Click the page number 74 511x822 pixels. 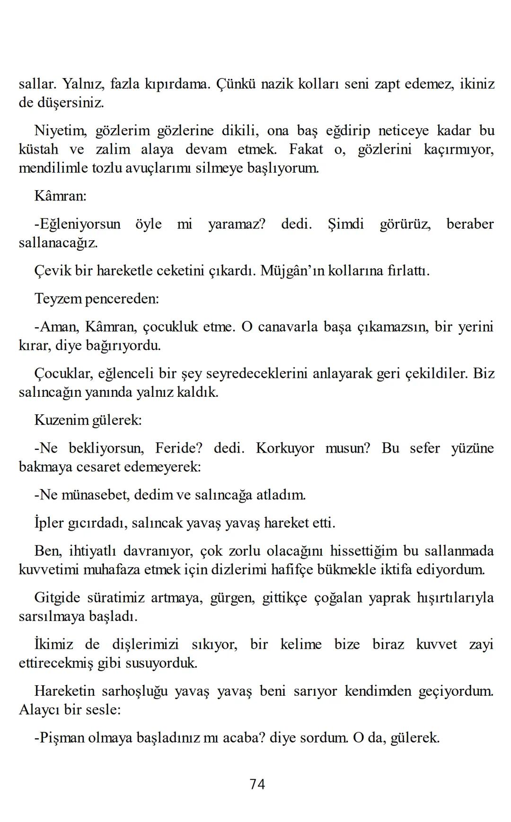(x=257, y=785)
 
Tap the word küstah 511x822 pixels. (x=39, y=149)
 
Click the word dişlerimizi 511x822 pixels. (x=145, y=645)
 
